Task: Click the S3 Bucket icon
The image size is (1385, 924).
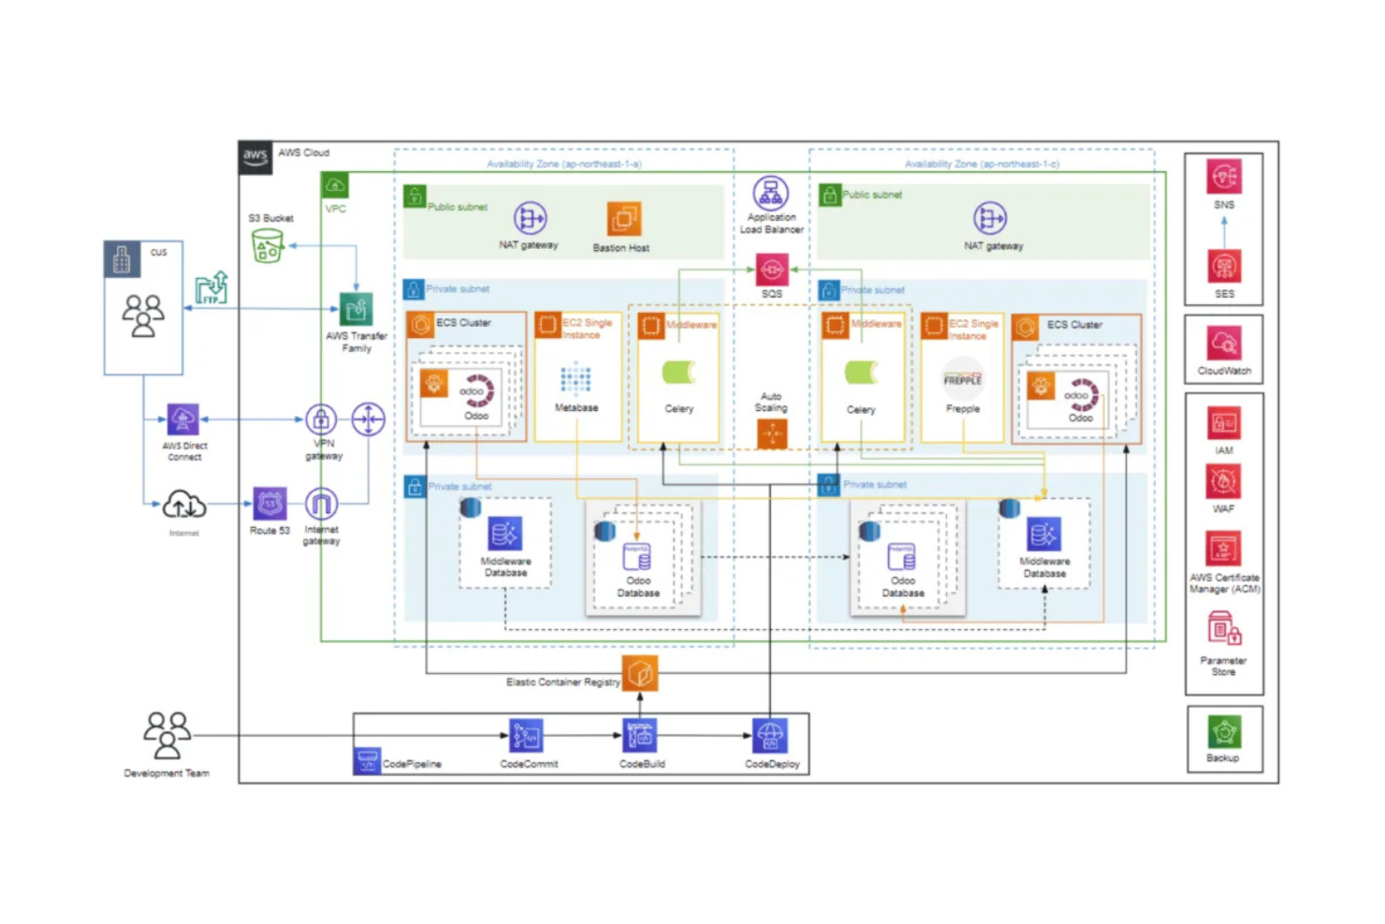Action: (268, 245)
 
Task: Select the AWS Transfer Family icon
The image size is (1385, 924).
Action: (356, 310)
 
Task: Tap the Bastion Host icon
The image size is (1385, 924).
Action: (623, 220)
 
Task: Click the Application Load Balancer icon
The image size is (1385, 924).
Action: (770, 194)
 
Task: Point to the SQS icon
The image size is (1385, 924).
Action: (771, 271)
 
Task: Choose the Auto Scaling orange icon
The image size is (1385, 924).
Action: (771, 433)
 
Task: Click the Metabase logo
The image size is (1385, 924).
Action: (576, 380)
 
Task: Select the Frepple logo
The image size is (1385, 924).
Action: (962, 379)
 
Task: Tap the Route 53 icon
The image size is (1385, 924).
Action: (270, 504)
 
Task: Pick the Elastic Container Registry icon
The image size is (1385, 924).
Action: (640, 673)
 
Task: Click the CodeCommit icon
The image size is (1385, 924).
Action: (526, 736)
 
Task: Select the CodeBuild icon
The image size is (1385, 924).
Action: (641, 736)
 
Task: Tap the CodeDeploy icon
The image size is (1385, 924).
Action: (770, 736)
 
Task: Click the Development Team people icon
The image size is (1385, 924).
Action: (167, 735)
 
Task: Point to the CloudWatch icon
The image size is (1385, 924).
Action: (1223, 344)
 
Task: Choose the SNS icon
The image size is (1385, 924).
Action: (1223, 177)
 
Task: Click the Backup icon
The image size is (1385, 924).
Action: (1223, 732)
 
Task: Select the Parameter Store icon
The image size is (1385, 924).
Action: (1223, 630)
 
